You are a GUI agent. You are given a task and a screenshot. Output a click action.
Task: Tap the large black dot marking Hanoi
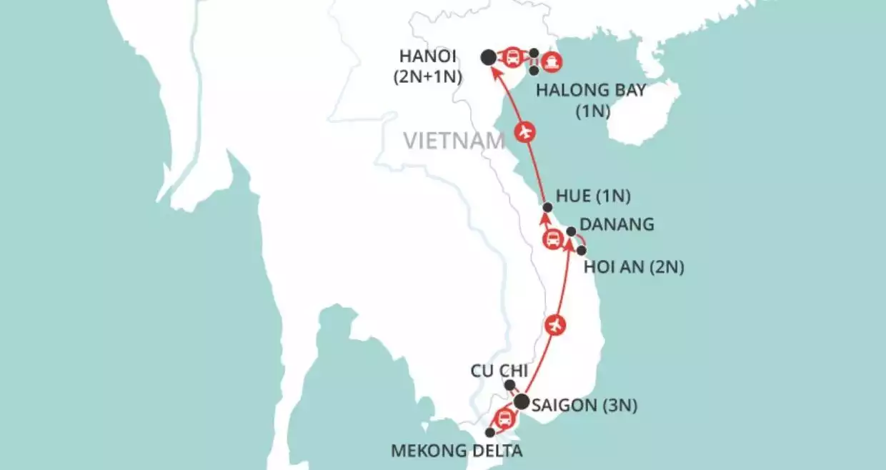coord(488,57)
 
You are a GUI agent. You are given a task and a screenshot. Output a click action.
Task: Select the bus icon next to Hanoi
coord(512,57)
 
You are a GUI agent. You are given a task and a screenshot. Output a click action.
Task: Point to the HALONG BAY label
coord(591,91)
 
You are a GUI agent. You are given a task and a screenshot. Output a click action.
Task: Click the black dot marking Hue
coord(547,207)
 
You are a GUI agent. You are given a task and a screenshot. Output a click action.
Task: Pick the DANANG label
coord(619,224)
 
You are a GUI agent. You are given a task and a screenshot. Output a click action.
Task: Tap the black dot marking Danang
coord(571,231)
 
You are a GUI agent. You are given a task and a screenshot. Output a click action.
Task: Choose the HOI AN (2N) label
coord(634,268)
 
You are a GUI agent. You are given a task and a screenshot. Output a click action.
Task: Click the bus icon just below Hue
coord(552,239)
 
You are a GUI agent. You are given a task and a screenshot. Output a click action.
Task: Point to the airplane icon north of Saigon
coord(555,325)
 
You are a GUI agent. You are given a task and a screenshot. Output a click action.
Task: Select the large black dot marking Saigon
coord(522,402)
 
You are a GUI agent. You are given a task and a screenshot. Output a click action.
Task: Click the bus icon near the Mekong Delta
coord(504,418)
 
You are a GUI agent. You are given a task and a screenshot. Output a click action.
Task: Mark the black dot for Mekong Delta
coord(489,433)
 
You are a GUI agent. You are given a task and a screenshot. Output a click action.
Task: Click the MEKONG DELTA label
coord(457,451)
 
